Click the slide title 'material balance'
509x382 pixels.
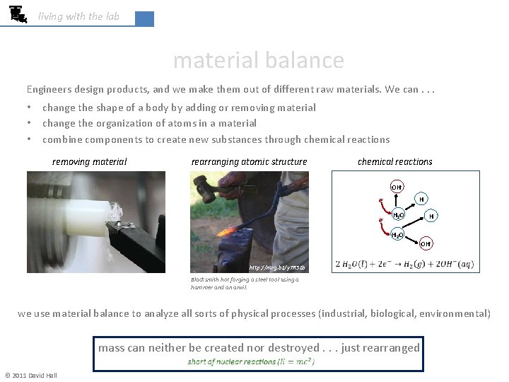(x=258, y=61)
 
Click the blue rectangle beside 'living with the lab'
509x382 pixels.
(x=144, y=19)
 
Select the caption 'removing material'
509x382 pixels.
(x=90, y=162)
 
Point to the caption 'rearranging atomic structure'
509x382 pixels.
(x=249, y=162)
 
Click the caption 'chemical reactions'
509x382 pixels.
(x=394, y=162)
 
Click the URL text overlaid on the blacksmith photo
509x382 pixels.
(x=267, y=268)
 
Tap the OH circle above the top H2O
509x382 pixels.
(x=397, y=187)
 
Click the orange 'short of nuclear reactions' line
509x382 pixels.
(x=251, y=361)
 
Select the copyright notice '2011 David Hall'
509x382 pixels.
(x=31, y=376)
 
